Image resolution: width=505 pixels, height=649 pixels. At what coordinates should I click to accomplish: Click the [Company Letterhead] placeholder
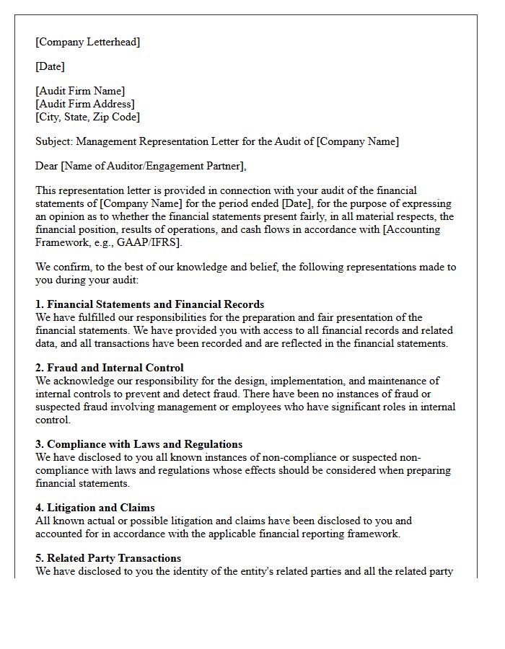88,42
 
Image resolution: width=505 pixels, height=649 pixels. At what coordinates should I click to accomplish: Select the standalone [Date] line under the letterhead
50,66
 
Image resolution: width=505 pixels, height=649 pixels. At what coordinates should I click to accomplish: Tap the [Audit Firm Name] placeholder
80,91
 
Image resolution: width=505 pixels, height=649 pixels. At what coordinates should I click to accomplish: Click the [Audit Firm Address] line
85,104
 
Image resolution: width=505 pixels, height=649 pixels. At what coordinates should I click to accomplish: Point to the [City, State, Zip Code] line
88,117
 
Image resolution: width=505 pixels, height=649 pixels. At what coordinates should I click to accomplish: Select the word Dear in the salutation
47,166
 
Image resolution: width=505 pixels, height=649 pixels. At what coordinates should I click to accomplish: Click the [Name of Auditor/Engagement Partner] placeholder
153,166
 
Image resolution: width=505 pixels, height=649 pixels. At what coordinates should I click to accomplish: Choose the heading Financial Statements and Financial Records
155,304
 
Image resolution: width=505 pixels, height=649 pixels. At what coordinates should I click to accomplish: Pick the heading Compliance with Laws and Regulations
144,444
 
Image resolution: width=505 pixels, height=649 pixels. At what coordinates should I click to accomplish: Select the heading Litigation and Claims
101,508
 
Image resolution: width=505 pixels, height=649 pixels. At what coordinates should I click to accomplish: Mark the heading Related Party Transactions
114,558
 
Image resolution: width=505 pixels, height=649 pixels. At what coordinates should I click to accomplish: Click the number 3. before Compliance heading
40,444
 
